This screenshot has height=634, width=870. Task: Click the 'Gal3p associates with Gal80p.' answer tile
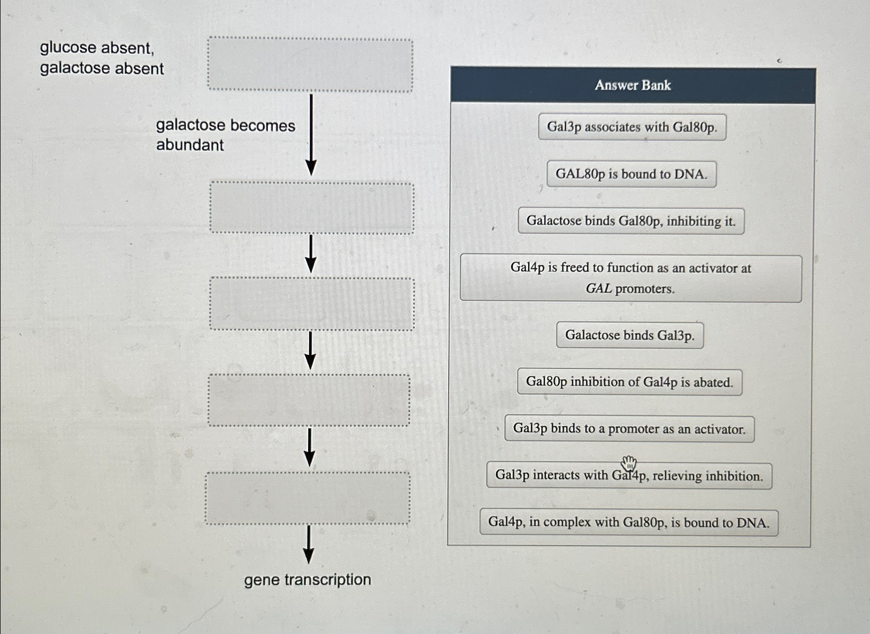coord(632,127)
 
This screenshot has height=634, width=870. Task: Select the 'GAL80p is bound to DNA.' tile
coord(631,174)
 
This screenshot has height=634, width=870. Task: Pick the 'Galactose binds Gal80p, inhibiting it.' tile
coord(631,221)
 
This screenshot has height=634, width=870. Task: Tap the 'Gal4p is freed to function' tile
coord(631,278)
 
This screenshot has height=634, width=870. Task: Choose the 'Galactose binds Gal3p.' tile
coord(630,335)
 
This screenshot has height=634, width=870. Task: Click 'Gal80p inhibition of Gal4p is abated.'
coord(629,382)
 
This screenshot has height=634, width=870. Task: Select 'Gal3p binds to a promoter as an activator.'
coord(629,429)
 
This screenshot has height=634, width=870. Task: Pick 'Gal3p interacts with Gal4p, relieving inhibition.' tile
coord(629,476)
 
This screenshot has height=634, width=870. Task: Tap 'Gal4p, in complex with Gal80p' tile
coord(629,522)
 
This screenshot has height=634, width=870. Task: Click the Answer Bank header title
coord(633,85)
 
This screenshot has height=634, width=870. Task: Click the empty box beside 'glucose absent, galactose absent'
coord(310,65)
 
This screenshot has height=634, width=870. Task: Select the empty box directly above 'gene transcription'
coord(308,498)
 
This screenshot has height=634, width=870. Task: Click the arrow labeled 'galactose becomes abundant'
coord(311,134)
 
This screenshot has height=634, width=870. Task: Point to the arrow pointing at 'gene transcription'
coord(308,544)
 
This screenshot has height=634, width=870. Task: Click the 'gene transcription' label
coord(308,580)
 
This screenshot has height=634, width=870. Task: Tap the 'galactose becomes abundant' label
coord(225,135)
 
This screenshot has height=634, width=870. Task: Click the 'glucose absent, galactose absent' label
coord(102,58)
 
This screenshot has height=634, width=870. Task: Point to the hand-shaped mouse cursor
coord(629,463)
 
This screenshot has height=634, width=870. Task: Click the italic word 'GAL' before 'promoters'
coord(598,288)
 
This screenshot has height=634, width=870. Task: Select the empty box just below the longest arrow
coord(312,208)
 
